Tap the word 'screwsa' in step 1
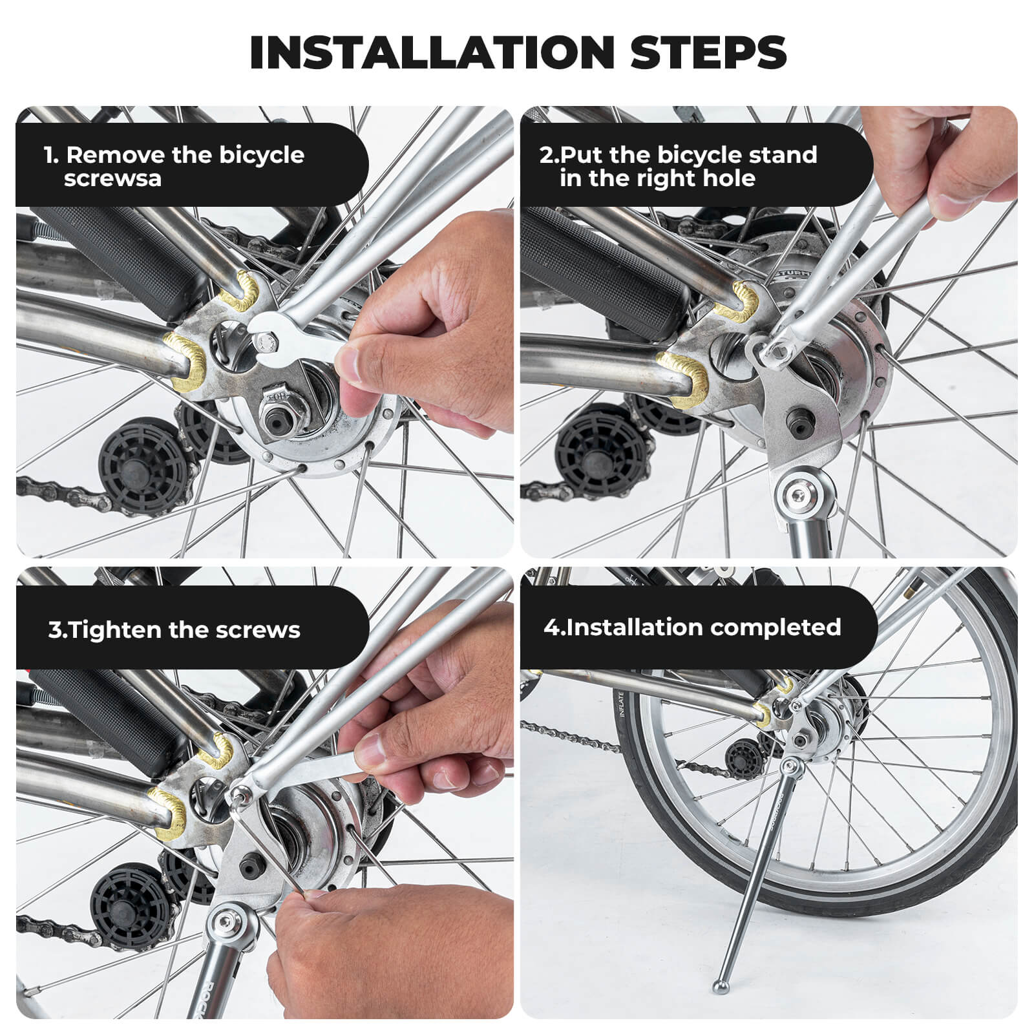point(112,178)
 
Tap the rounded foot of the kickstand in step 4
point(721,986)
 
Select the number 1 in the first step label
point(49,155)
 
